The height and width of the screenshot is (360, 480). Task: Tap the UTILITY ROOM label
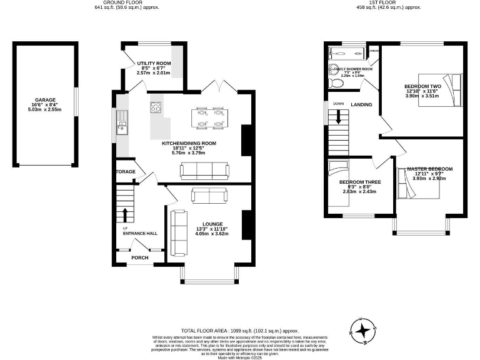tap(153, 63)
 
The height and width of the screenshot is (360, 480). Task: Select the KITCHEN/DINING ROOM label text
tap(189, 143)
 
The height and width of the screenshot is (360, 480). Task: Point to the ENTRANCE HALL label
tap(140, 233)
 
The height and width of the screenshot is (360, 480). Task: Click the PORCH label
tap(139, 257)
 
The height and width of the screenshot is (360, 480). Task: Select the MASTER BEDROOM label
tap(429, 169)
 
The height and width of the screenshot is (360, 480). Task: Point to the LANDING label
tap(361, 105)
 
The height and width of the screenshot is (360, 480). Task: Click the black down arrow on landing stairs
tap(338, 117)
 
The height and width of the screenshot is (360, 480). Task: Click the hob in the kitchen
tap(156, 107)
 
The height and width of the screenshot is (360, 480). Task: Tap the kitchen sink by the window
tap(122, 128)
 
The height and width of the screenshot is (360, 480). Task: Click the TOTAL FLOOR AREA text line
tap(239, 331)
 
